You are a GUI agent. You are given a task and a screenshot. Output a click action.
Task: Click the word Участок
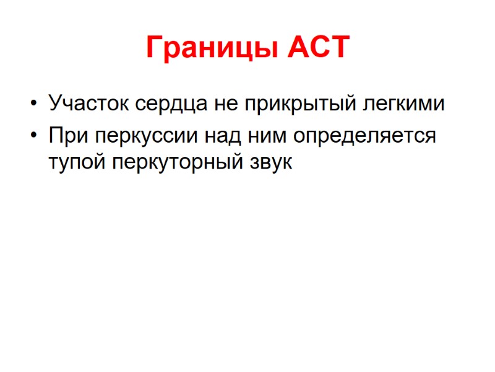pyautogui.click(x=87, y=103)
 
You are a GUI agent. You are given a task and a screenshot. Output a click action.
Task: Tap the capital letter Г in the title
pyautogui.click(x=154, y=48)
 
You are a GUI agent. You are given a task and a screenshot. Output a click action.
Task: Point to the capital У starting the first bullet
pyautogui.click(x=54, y=103)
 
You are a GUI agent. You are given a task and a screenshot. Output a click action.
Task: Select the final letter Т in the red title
pyautogui.click(x=339, y=48)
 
